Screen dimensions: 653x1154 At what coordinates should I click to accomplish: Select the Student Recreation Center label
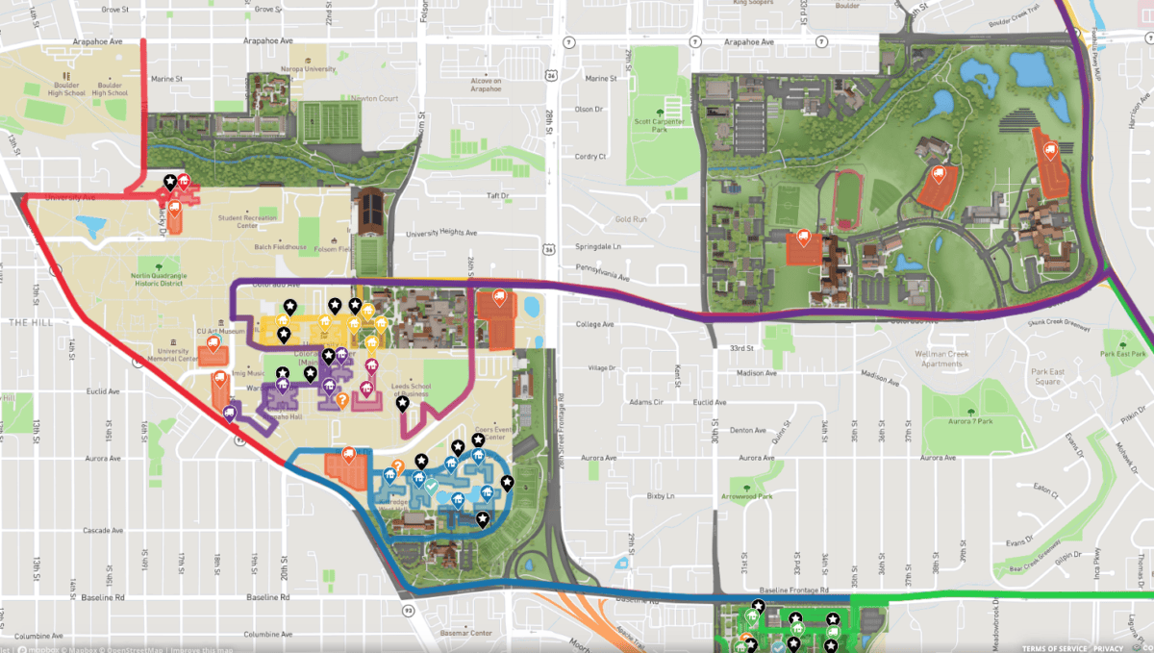click(253, 222)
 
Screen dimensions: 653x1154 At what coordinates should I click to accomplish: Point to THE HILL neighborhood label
click(24, 322)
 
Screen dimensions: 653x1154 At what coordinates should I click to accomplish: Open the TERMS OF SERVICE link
click(1057, 647)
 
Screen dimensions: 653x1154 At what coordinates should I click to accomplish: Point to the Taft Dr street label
click(496, 195)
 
